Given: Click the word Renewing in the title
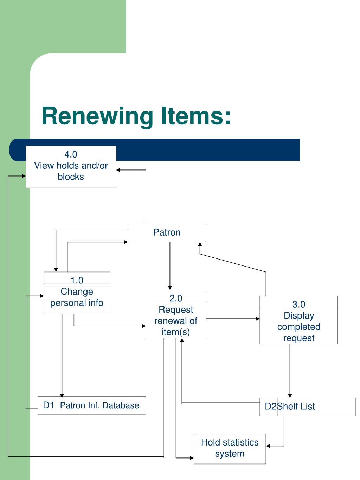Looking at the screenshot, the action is click(x=97, y=116).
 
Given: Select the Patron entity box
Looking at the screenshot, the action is click(x=167, y=233).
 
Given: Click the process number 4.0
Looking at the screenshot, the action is click(x=71, y=154).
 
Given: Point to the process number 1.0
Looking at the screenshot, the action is click(x=77, y=280).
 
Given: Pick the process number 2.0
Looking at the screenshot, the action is click(x=176, y=298).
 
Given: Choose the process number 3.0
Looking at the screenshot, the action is click(x=298, y=304).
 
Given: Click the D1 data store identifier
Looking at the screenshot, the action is click(x=48, y=405).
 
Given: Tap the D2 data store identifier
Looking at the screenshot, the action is click(x=271, y=406).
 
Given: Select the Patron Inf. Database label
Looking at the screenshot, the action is click(x=100, y=405).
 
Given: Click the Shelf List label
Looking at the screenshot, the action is click(x=296, y=406).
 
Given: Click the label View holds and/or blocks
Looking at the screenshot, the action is click(x=71, y=171).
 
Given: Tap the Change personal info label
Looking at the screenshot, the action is click(x=77, y=297).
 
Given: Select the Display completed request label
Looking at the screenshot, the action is click(x=299, y=327).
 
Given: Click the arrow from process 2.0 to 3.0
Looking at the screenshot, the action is click(x=233, y=319).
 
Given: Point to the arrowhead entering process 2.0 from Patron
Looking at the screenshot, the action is click(x=170, y=288).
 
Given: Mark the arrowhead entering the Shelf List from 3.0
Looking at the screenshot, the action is click(x=290, y=396).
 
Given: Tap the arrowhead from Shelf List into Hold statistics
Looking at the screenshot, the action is click(x=268, y=446).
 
